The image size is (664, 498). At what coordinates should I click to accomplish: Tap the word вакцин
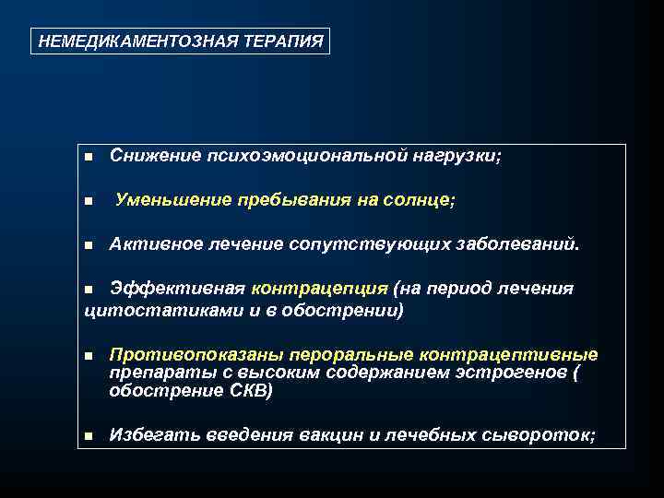tap(331, 435)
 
